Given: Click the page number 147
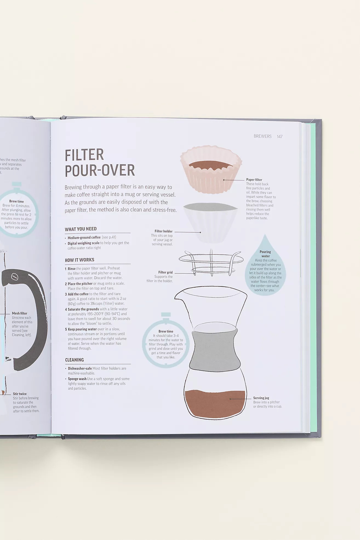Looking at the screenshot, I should [x=279, y=136].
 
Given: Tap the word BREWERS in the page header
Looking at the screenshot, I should [x=262, y=136].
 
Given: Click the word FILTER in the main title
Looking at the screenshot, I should [x=84, y=155].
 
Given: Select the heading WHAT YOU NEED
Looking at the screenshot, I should [x=81, y=229].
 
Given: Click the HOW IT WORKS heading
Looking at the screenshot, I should [x=79, y=260].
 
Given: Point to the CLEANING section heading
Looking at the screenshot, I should [x=75, y=360].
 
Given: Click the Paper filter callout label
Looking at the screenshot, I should [x=254, y=180].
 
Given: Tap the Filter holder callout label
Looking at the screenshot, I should [x=164, y=231].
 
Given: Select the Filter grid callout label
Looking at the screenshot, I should [x=165, y=272].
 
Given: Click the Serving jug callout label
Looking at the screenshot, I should [x=261, y=398].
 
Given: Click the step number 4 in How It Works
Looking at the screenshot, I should [x=66, y=309].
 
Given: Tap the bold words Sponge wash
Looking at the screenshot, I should [x=77, y=379].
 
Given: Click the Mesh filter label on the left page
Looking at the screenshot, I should [x=19, y=313].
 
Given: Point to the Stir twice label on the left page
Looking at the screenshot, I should [x=20, y=394].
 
